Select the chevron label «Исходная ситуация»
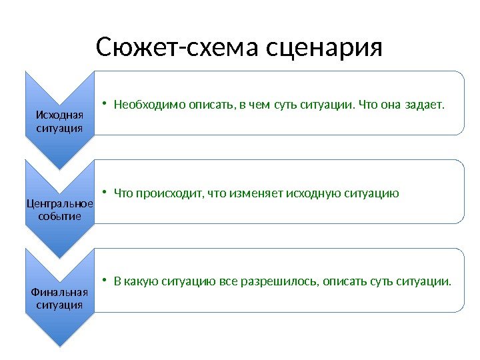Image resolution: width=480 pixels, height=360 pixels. point(59,121)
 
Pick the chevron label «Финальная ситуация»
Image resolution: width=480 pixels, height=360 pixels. point(59,299)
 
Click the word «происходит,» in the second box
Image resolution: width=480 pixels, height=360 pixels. point(170,194)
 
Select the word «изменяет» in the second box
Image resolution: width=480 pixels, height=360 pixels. point(255,194)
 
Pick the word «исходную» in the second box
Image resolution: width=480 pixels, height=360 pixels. point(313,194)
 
